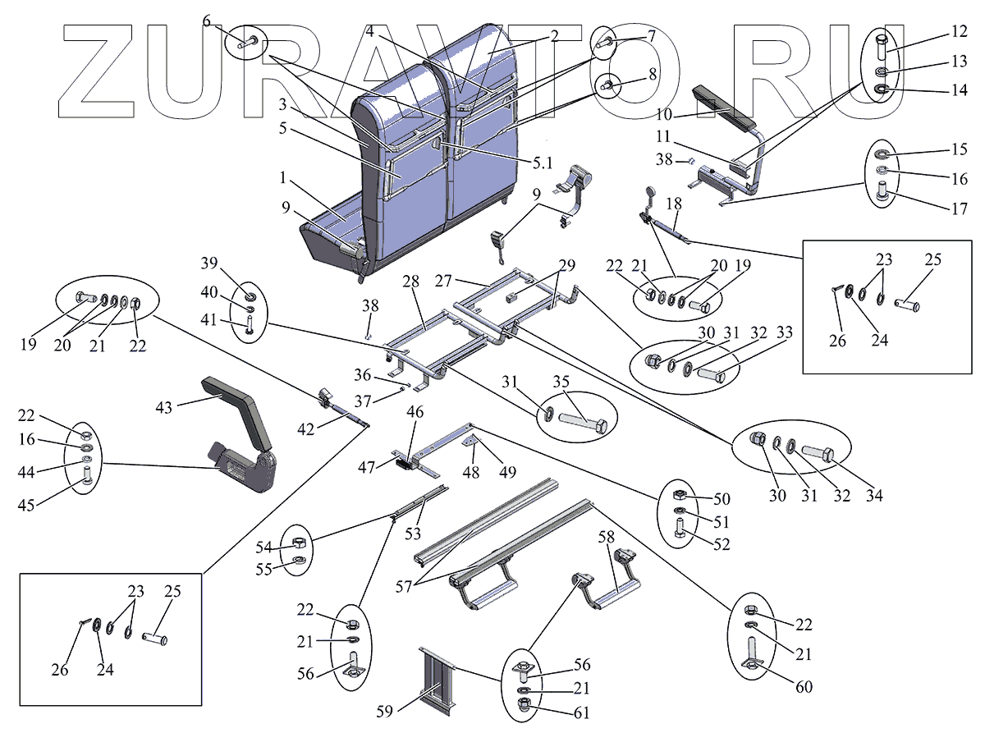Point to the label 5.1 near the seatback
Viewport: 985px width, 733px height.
tap(542, 163)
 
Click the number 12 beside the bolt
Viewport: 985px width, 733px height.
tap(936, 32)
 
